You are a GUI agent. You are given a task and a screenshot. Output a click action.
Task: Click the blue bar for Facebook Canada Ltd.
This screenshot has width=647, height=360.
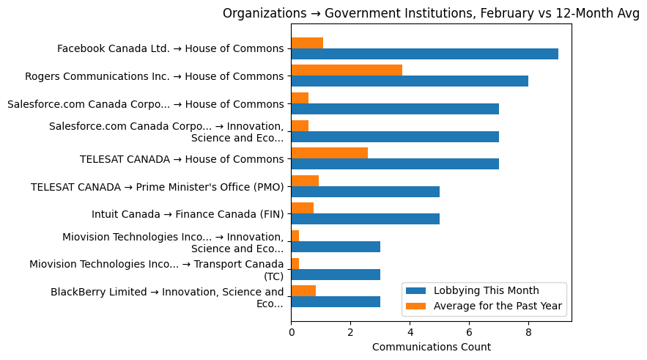(424, 54)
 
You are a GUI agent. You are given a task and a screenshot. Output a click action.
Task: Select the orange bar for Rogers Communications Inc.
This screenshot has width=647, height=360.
(347, 70)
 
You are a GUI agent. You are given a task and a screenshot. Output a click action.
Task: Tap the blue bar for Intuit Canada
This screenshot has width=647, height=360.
(365, 218)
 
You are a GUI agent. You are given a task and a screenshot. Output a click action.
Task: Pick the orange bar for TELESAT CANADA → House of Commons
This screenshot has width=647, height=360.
(329, 153)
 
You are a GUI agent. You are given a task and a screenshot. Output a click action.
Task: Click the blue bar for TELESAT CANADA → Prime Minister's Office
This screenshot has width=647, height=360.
(365, 191)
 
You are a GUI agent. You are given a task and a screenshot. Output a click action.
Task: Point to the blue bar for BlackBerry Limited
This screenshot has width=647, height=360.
(336, 301)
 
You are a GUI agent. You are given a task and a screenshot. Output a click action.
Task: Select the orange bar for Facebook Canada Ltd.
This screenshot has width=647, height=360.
(307, 43)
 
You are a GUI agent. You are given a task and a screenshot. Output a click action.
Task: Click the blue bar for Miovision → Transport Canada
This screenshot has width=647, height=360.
(336, 274)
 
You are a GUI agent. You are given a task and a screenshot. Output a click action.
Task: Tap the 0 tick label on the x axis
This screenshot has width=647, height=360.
(291, 331)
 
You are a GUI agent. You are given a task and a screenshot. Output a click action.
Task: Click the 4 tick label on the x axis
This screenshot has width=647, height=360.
(410, 331)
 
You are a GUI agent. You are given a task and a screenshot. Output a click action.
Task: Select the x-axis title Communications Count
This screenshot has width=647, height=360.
(431, 347)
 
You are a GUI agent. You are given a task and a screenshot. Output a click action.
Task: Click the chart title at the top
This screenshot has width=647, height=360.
(431, 13)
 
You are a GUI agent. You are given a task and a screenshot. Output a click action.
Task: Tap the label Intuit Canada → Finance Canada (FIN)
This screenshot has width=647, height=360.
(188, 213)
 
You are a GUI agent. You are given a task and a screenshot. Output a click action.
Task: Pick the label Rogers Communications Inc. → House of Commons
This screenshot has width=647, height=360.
(154, 76)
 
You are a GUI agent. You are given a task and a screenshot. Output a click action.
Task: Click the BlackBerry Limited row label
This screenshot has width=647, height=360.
(167, 298)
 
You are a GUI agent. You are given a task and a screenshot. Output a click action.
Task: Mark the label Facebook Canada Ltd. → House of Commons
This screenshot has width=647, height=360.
(170, 48)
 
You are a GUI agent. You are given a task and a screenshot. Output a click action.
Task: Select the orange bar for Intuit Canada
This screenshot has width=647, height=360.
(302, 207)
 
